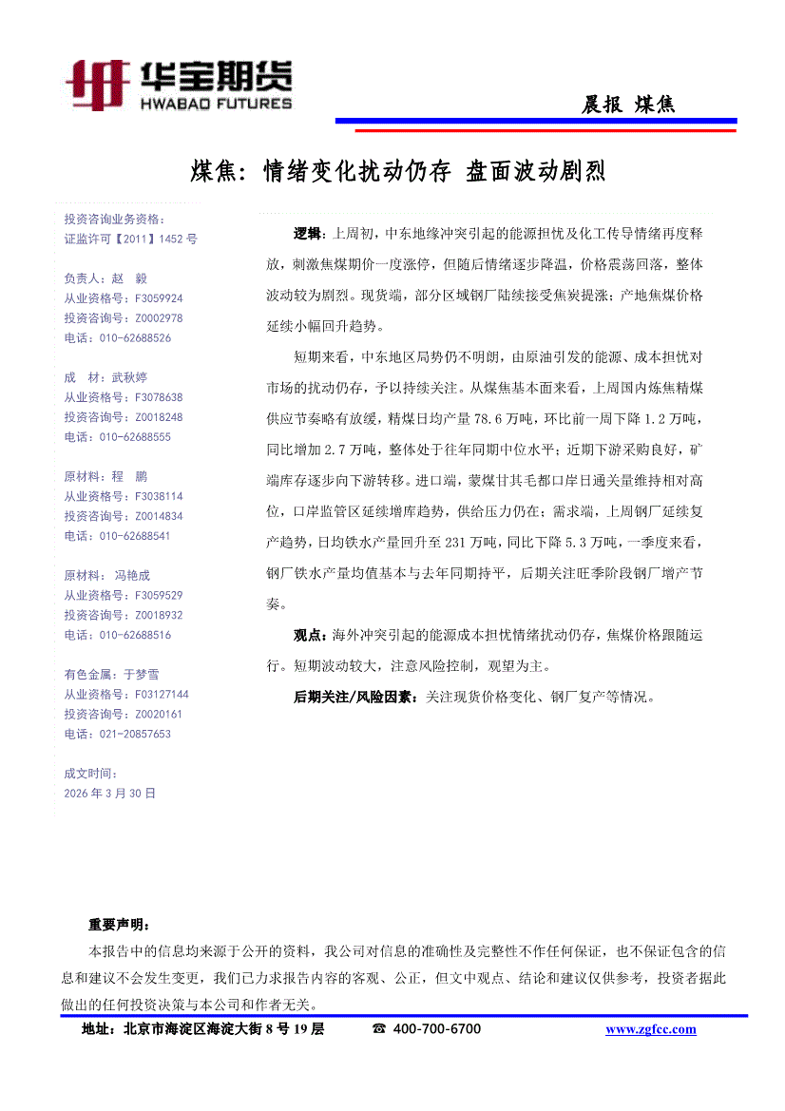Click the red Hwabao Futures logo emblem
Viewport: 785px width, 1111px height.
click(x=98, y=84)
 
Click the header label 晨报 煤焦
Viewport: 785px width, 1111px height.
click(x=628, y=105)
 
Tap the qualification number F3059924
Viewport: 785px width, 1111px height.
click(x=159, y=298)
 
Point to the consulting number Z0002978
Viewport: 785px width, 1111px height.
click(x=159, y=318)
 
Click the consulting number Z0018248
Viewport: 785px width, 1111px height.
click(x=159, y=417)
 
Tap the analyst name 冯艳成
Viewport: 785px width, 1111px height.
click(x=133, y=575)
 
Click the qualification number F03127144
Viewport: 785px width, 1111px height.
click(x=162, y=695)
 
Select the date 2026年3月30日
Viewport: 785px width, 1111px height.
click(x=109, y=793)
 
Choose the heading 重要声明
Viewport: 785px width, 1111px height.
click(x=119, y=924)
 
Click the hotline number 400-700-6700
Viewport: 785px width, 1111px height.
click(x=437, y=1029)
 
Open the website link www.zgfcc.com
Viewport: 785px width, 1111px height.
click(x=650, y=1029)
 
